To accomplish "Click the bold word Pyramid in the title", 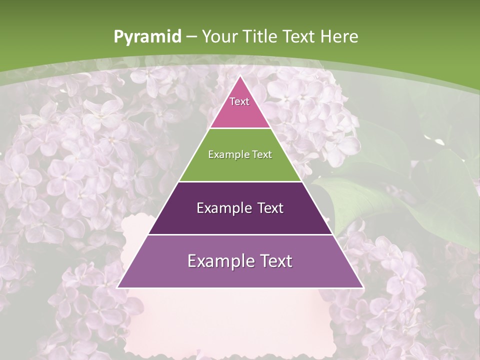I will pyautogui.click(x=147, y=36).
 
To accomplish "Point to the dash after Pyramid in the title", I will pyautogui.click(x=191, y=37).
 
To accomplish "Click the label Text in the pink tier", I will pyautogui.click(x=239, y=101).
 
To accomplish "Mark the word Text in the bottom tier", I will pyautogui.click(x=275, y=261).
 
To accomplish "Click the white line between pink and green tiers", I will pyautogui.click(x=240, y=128).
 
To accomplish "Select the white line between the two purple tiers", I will pyautogui.click(x=240, y=234).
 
